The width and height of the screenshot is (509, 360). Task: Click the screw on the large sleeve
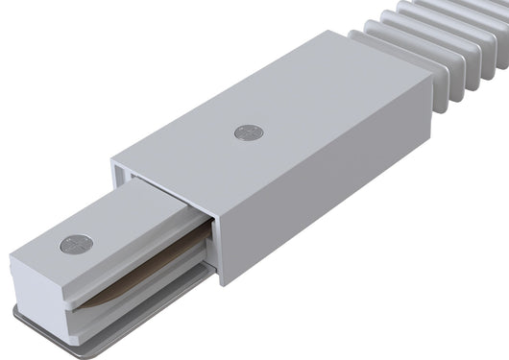click(x=247, y=132)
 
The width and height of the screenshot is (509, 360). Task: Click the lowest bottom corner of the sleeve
click(x=224, y=282)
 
